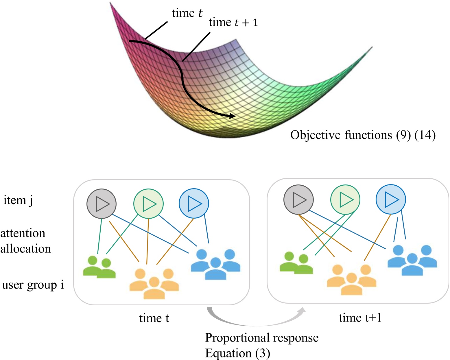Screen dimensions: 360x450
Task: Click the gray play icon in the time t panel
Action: point(102,204)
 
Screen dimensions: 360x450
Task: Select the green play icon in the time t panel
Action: point(148,204)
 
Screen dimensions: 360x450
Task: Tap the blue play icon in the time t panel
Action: point(194,203)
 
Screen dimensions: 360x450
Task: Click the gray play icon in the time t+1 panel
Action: point(298,200)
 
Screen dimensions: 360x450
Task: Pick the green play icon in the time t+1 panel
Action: point(345,200)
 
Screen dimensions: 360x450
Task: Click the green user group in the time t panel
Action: point(99,267)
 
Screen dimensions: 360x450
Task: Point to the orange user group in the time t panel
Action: point(154,283)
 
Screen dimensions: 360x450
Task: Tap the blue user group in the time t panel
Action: point(215,265)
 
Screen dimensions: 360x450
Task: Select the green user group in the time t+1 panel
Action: point(296,263)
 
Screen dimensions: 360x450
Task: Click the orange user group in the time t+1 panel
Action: point(351,280)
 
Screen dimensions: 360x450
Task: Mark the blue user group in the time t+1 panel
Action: point(412,260)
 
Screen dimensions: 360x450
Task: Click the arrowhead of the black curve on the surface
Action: point(232,116)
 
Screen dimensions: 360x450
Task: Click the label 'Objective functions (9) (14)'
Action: point(363,135)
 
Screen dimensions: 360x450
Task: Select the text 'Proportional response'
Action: point(261,337)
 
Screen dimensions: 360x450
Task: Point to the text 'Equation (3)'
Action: point(237,353)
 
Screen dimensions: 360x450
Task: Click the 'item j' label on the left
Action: point(18,200)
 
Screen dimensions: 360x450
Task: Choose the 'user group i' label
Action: point(33,285)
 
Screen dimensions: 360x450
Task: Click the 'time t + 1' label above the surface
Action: point(233,23)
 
